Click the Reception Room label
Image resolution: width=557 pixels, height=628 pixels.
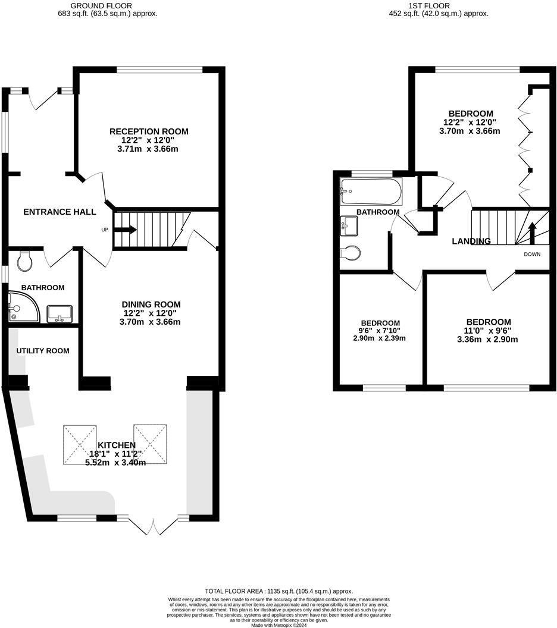[148, 131]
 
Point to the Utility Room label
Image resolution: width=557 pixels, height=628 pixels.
[43, 351]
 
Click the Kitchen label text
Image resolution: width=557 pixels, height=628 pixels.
[117, 445]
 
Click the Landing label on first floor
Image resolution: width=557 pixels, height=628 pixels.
[471, 241]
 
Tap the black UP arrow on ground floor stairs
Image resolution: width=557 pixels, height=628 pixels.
[127, 230]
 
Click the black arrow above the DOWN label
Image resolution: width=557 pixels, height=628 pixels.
[532, 232]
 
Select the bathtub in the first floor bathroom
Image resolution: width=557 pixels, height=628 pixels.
[371, 191]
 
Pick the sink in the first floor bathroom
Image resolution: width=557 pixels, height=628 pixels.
[349, 225]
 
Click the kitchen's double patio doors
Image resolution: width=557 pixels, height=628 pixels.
[153, 525]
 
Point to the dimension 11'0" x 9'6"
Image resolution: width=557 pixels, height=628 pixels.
[488, 331]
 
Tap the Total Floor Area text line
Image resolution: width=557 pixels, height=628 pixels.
[278, 591]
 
